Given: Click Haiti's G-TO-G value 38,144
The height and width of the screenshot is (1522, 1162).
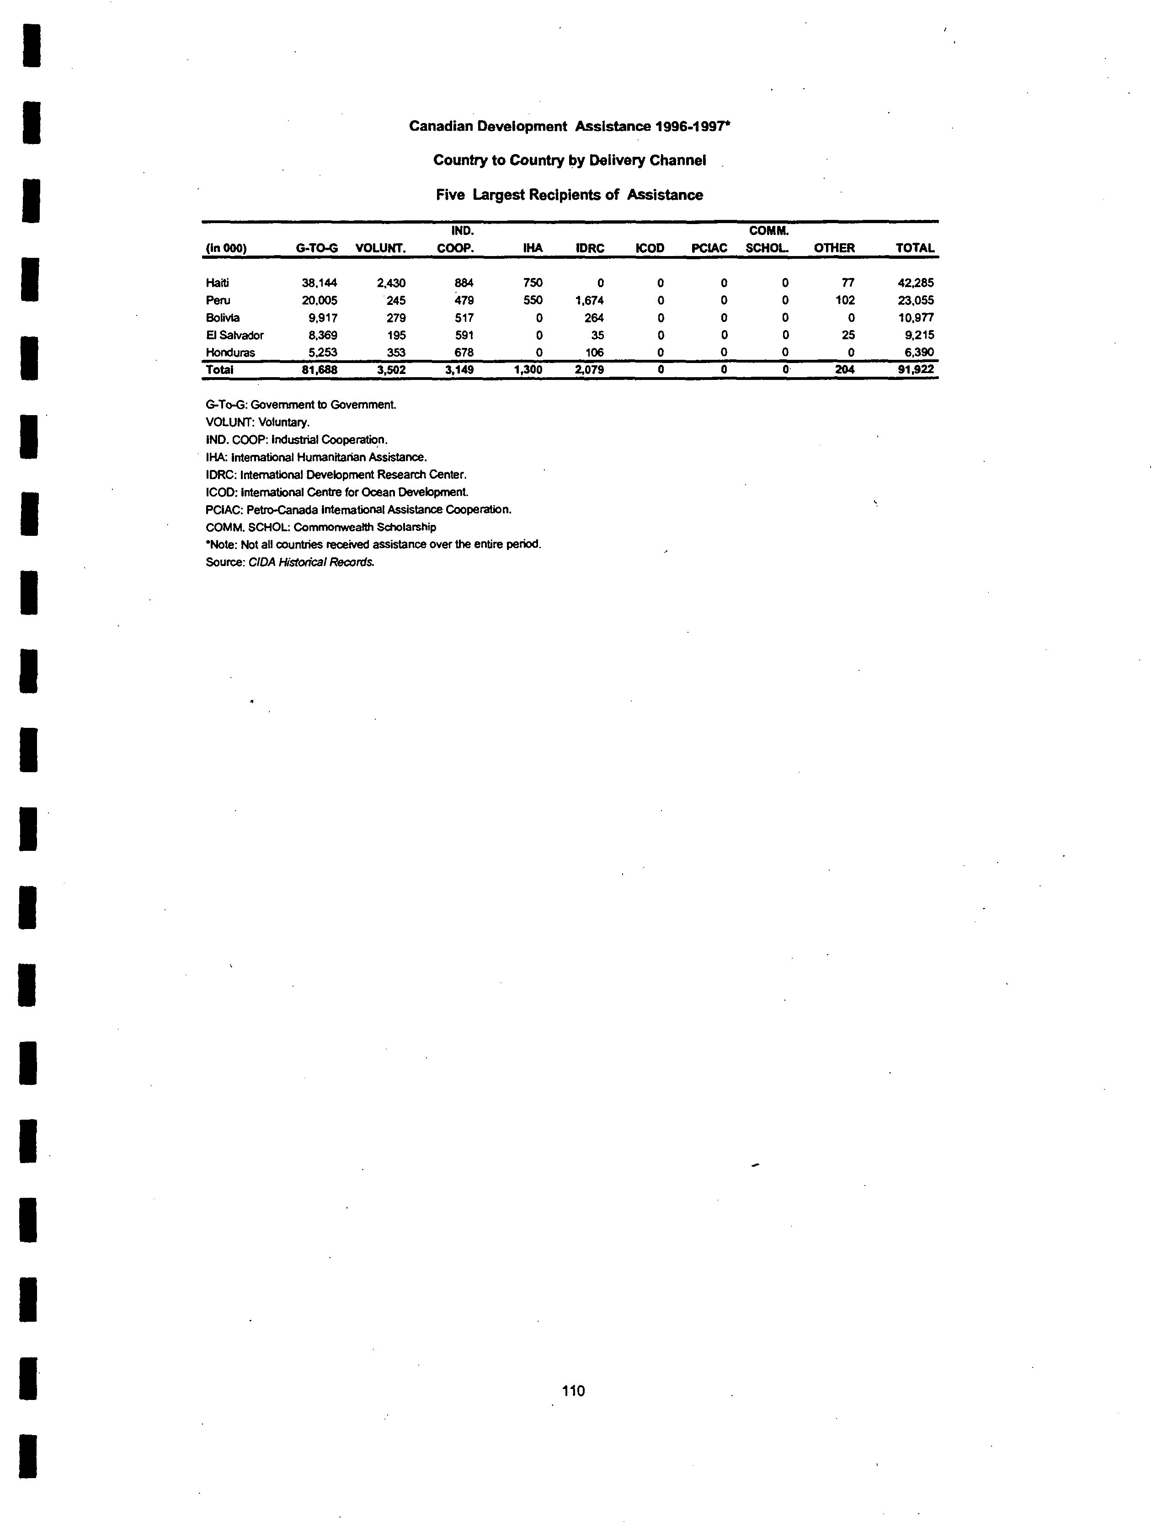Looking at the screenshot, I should click(x=319, y=282).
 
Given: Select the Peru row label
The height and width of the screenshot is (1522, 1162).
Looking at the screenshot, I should click(x=218, y=300).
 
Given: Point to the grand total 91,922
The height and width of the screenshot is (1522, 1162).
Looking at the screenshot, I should click(x=916, y=369).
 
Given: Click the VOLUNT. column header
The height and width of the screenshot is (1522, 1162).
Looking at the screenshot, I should click(x=380, y=248).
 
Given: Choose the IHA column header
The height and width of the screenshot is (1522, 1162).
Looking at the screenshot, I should click(x=533, y=248).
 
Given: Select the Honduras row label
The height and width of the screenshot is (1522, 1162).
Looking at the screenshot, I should click(x=230, y=352).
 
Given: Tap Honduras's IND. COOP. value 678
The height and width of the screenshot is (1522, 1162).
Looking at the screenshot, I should click(x=464, y=352).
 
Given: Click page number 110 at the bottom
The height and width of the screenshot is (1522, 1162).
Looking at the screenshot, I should click(x=573, y=1390).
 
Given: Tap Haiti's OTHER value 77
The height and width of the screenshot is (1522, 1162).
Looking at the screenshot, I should click(x=848, y=282).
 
